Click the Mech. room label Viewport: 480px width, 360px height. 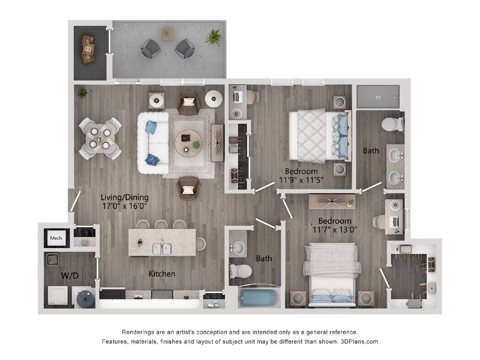[56, 238]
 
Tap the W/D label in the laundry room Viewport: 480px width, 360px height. [70, 275]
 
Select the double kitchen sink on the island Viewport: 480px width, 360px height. [162, 249]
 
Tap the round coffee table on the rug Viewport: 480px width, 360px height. [189, 143]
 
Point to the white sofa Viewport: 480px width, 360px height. [153, 143]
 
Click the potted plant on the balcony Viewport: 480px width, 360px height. [214, 37]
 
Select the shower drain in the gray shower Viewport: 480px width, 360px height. [378, 97]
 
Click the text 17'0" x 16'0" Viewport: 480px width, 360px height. [124, 206]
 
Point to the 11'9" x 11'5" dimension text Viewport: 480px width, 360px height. [301, 180]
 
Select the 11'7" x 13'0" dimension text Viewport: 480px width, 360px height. [334, 230]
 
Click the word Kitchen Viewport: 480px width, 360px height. [162, 274]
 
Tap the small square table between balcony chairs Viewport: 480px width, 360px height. [168, 34]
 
